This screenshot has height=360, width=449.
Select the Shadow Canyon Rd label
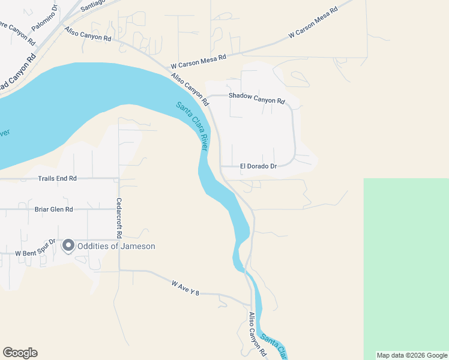(256, 101)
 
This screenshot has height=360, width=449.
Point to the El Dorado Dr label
(258, 166)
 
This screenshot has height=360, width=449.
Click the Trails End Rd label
(58, 179)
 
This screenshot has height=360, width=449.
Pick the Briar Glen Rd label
(53, 209)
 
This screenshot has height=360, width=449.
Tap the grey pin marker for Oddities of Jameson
(68, 245)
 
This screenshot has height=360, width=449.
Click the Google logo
(20, 353)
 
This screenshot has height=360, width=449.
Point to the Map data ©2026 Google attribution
(412, 355)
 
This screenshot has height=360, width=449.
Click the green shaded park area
(406, 264)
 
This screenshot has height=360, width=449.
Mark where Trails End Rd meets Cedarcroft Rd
(119, 179)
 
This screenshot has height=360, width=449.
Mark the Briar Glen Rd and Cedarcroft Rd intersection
(119, 209)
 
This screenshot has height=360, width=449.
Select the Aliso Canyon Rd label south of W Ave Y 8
(258, 335)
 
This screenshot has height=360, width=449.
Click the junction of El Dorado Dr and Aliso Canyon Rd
(221, 166)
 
